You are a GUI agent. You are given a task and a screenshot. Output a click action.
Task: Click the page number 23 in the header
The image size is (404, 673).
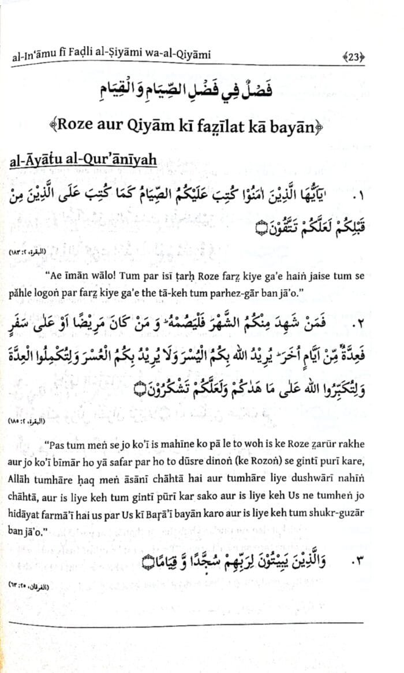pyautogui.click(x=353, y=56)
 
